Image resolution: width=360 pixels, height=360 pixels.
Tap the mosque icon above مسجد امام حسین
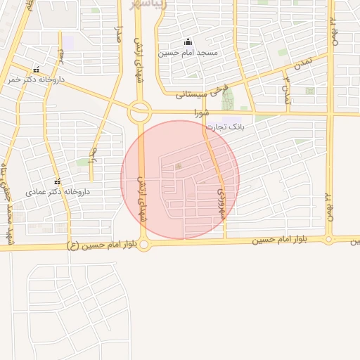188,41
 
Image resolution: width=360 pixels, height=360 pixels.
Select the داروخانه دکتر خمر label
36,80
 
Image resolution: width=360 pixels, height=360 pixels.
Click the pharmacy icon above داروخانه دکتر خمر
36,70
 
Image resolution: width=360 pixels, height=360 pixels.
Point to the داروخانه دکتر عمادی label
56,191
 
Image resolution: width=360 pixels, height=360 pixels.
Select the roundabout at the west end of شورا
139,111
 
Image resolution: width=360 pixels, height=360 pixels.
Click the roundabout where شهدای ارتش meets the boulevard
144,245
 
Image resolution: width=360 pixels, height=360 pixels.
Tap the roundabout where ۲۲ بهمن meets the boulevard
328,240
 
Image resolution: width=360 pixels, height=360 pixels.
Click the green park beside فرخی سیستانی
227,100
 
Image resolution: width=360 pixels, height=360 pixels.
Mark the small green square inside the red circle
179,167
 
